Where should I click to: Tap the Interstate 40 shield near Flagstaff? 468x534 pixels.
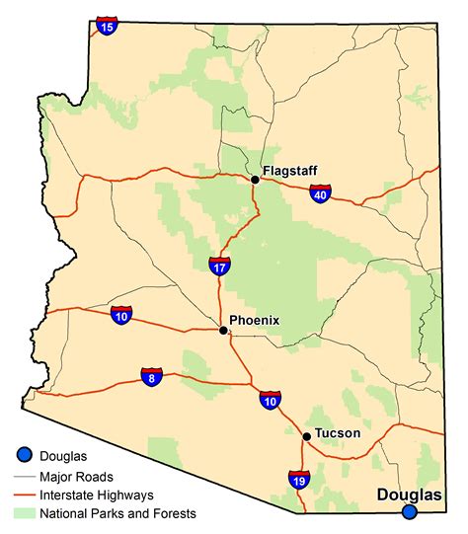pyautogui.click(x=320, y=193)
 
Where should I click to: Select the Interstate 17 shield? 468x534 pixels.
pyautogui.click(x=220, y=264)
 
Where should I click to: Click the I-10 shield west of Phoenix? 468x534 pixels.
pyautogui.click(x=121, y=315)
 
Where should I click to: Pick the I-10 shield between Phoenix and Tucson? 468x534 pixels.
pyautogui.click(x=271, y=399)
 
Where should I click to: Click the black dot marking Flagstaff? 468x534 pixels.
pyautogui.click(x=255, y=180)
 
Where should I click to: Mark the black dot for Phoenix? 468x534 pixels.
pyautogui.click(x=223, y=331)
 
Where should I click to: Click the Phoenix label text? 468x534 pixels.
pyautogui.click(x=255, y=320)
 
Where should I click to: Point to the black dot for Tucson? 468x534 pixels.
pyautogui.click(x=307, y=436)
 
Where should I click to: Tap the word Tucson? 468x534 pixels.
pyautogui.click(x=338, y=433)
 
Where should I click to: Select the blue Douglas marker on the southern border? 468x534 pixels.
pyautogui.click(x=409, y=511)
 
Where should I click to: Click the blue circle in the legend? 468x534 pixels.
pyautogui.click(x=25, y=454)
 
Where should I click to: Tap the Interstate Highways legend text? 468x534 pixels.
pyautogui.click(x=97, y=496)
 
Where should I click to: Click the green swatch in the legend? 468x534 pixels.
pyautogui.click(x=25, y=513)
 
